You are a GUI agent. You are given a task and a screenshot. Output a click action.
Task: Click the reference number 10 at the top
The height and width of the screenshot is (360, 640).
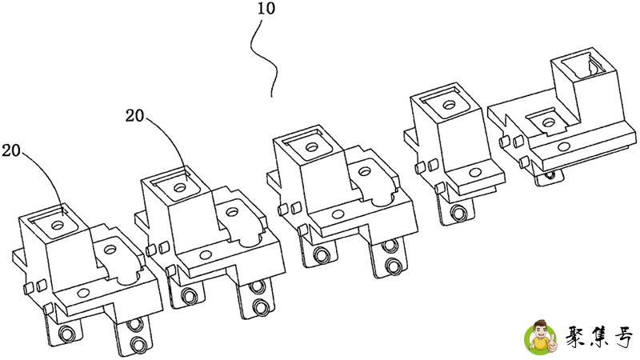(265, 10)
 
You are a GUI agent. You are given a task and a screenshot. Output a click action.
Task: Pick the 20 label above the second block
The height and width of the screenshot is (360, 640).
(135, 114)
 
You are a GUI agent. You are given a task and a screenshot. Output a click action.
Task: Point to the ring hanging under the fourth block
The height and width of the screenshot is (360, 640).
(458, 214)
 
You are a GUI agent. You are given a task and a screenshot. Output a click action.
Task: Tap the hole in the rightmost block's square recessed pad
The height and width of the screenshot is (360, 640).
(549, 122)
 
